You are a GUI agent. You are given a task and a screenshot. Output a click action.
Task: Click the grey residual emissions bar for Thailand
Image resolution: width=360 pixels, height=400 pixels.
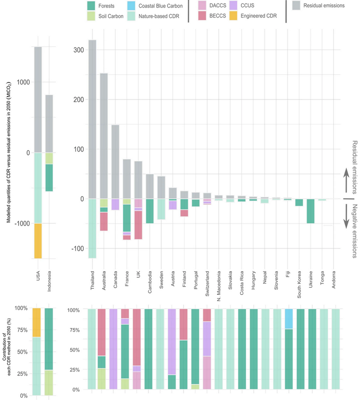coord(92,119)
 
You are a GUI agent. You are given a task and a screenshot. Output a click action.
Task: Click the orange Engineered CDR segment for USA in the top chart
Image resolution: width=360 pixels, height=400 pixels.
coord(38,241)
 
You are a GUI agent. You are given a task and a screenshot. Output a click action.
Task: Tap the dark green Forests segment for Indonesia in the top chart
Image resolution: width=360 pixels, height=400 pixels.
coord(49,178)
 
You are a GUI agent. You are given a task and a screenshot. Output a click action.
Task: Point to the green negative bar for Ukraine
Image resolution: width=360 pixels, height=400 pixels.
coord(311,211)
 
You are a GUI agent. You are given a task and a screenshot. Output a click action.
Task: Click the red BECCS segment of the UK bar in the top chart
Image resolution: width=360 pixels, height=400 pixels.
coord(138,225)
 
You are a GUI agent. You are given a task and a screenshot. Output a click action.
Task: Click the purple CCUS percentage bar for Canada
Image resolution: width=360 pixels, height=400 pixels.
coord(115,349)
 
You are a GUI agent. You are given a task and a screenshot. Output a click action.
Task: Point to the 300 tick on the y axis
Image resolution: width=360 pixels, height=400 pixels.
coord(79,50)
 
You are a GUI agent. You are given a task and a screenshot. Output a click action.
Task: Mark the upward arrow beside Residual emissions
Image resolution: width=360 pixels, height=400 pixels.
coord(347,181)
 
